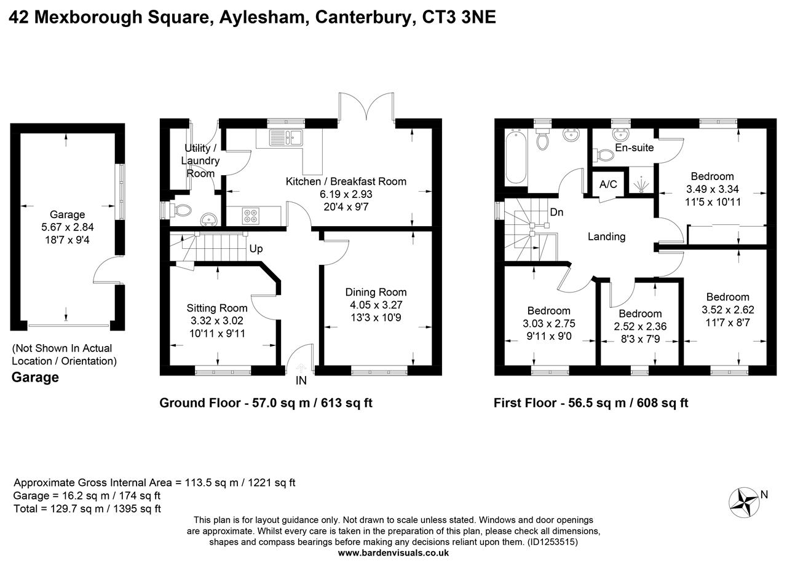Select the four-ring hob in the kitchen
click(x=251, y=216)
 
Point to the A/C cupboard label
click(x=608, y=184)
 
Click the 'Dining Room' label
click(x=376, y=292)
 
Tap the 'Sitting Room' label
click(x=217, y=308)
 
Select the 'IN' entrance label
click(x=301, y=381)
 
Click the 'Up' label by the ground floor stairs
click(x=256, y=249)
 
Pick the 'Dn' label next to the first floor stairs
click(x=557, y=213)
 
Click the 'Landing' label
click(x=606, y=237)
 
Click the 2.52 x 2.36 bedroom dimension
click(x=641, y=326)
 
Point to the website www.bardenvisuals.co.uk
click(x=393, y=552)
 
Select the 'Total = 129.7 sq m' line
click(x=87, y=508)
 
